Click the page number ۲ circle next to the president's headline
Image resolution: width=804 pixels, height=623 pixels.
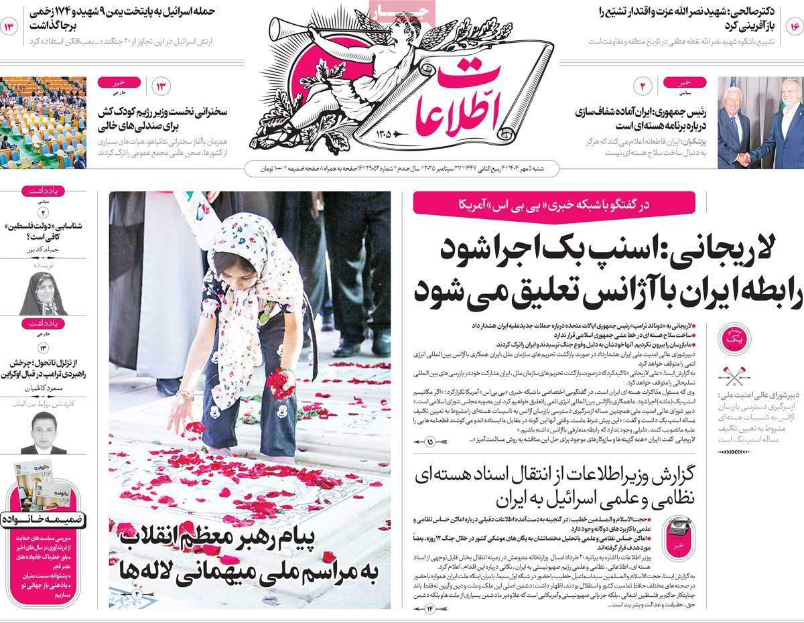coord(641,86)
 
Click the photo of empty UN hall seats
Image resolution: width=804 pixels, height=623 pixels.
coord(43,123)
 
